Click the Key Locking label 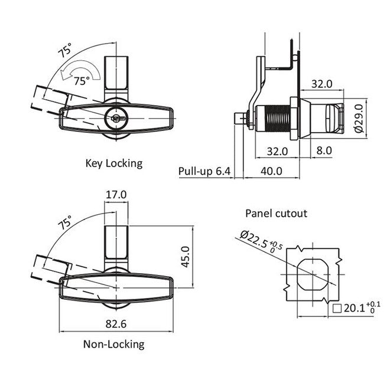(114, 163)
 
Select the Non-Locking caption (113, 344)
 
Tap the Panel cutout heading (276, 213)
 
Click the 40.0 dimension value (272, 171)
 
